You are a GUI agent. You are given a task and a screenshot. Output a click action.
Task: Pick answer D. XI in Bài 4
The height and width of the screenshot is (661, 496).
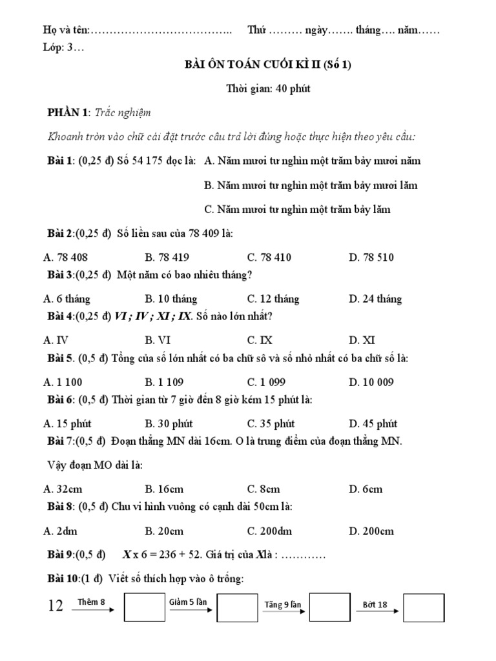(362, 340)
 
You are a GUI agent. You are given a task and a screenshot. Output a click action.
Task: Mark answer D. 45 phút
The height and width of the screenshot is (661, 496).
(373, 424)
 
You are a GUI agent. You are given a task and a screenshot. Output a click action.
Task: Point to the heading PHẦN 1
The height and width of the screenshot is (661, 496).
(68, 113)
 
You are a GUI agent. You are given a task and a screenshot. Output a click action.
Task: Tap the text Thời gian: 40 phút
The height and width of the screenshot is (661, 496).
(268, 88)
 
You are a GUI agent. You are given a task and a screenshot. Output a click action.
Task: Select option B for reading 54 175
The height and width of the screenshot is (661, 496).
(310, 185)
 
